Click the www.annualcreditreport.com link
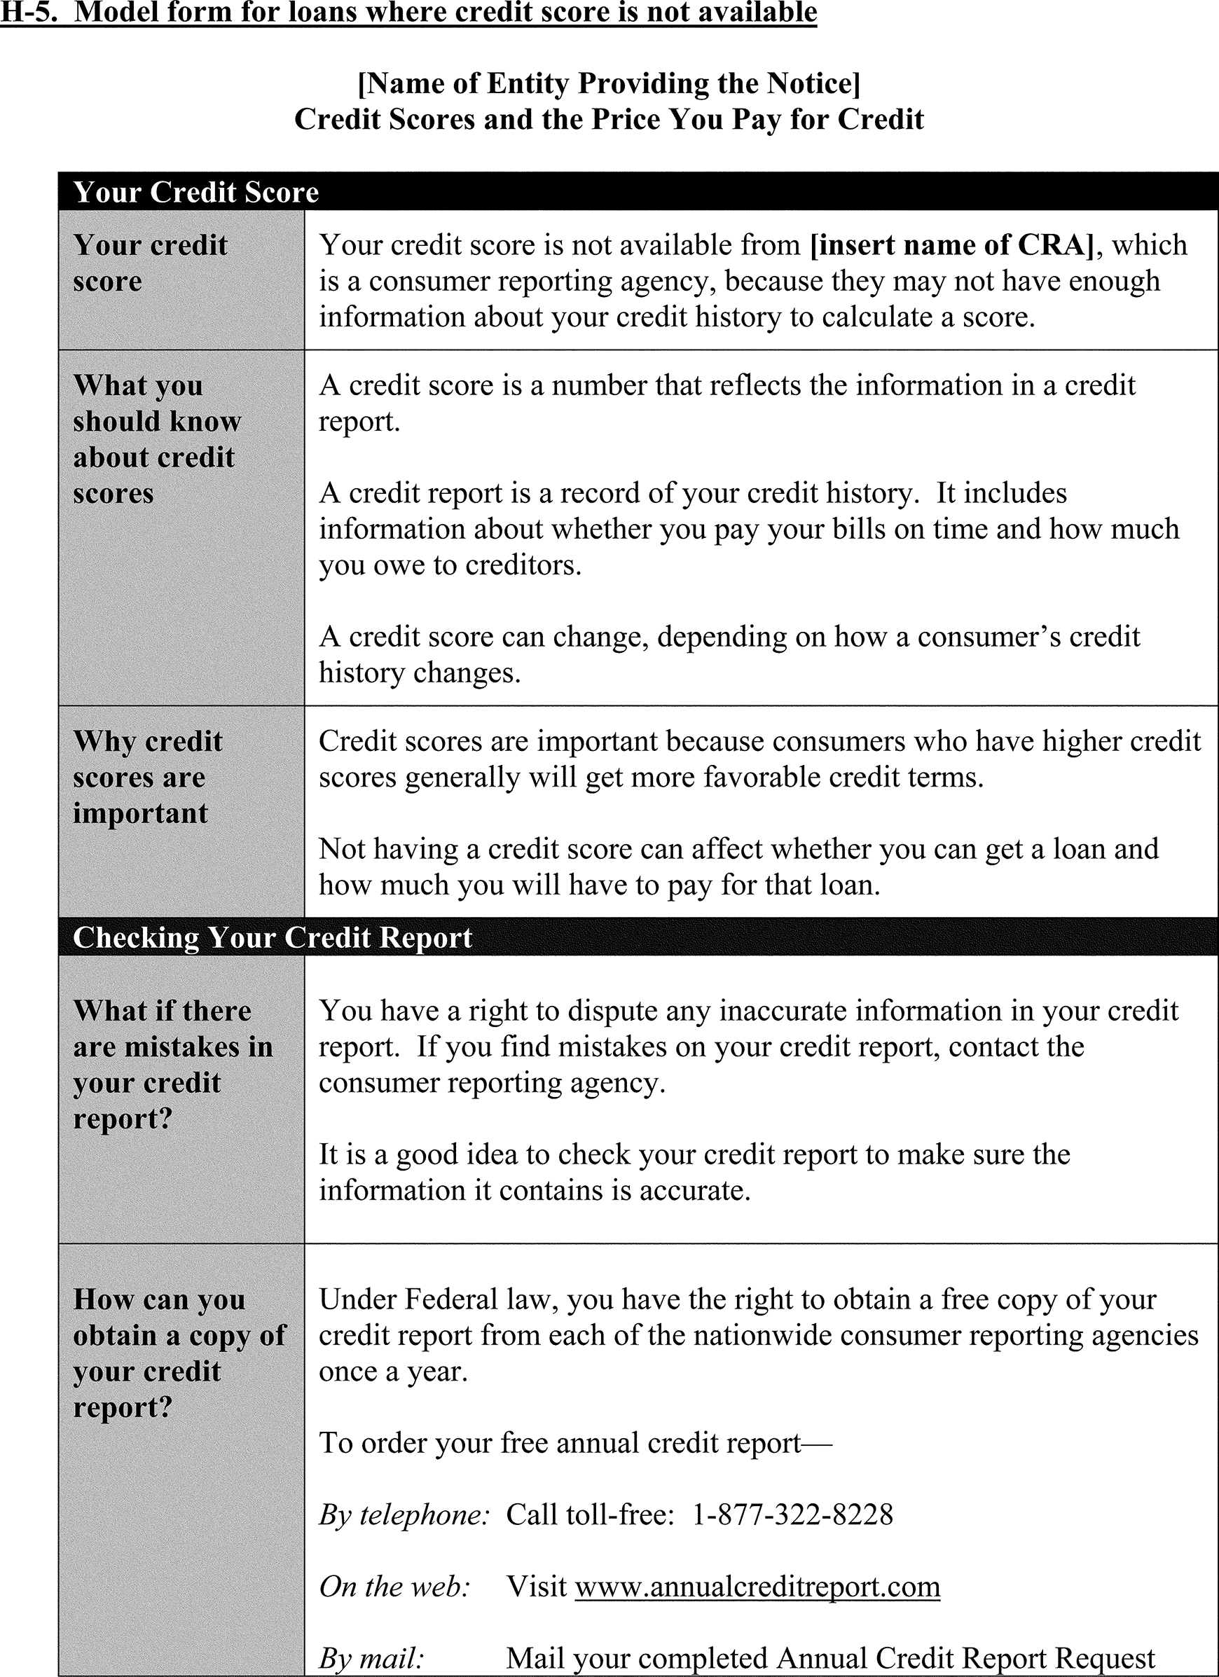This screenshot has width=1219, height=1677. click(x=757, y=1586)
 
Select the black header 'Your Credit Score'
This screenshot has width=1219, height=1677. click(x=196, y=192)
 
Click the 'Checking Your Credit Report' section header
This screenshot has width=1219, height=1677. click(x=273, y=937)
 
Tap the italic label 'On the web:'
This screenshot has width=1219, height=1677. click(x=395, y=1586)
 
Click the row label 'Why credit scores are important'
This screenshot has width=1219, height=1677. click(x=148, y=777)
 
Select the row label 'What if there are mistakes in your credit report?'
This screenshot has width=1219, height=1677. click(x=173, y=1065)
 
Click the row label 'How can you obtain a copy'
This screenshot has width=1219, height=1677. click(x=179, y=1353)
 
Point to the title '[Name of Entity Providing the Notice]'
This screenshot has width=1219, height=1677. click(x=609, y=83)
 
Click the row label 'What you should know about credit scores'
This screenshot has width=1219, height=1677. click(x=157, y=439)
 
